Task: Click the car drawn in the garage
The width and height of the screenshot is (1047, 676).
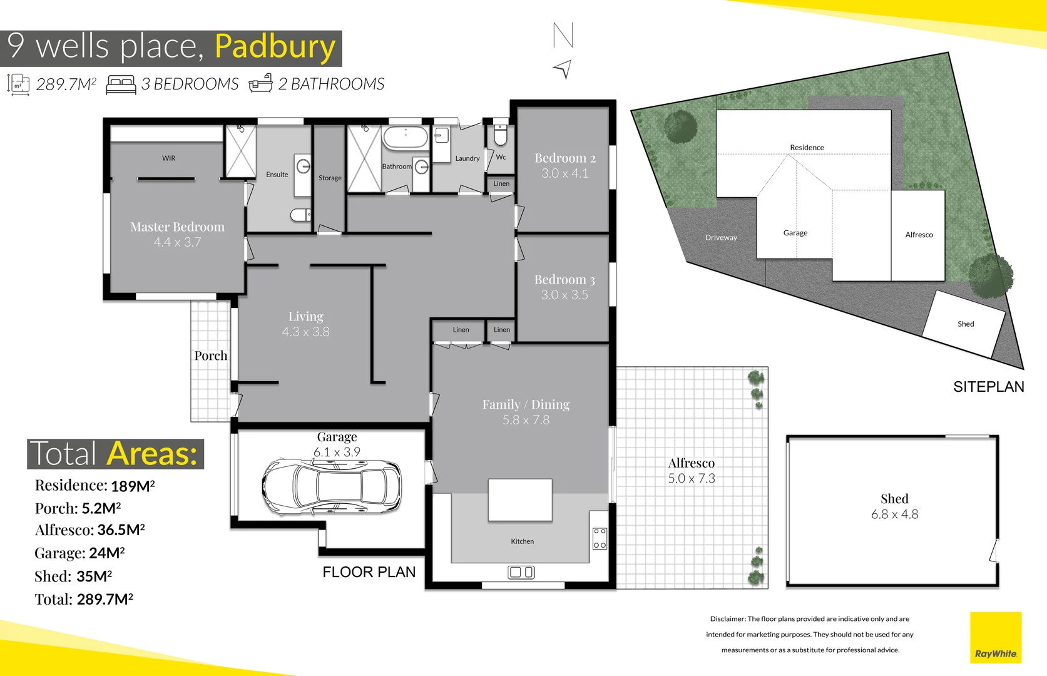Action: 332,486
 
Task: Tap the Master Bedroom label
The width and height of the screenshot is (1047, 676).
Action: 177,227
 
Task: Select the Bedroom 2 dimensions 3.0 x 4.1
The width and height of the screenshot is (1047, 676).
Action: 564,173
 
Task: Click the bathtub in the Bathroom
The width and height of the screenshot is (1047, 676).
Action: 405,137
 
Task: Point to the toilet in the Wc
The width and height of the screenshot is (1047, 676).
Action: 501,135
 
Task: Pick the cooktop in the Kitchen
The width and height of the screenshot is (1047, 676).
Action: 600,538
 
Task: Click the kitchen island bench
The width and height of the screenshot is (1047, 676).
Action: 520,499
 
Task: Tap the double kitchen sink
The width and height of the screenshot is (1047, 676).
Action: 521,572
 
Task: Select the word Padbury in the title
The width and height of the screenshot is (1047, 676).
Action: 275,47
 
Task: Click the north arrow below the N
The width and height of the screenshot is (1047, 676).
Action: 563,69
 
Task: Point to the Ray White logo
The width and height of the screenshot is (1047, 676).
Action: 996,638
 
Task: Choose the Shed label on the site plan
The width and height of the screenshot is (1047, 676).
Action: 966,324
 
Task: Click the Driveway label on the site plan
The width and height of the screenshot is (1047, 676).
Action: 721,237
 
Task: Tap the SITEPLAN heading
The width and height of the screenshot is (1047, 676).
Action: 988,387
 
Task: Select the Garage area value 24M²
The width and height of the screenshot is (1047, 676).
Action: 107,553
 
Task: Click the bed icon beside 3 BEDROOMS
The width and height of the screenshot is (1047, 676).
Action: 121,84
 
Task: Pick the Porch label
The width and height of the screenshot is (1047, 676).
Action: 211,356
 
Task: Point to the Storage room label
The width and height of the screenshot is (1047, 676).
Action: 330,178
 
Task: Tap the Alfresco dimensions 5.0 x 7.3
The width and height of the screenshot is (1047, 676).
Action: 692,478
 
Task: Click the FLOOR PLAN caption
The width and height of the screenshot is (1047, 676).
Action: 369,572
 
